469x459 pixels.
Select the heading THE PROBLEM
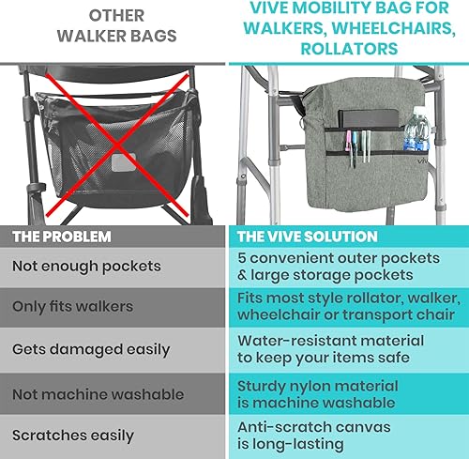click(x=61, y=237)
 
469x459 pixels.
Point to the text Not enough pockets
click(x=86, y=267)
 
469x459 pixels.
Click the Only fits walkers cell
click(x=71, y=307)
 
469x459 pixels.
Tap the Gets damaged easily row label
click(x=91, y=348)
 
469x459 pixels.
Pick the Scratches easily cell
click(x=73, y=436)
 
